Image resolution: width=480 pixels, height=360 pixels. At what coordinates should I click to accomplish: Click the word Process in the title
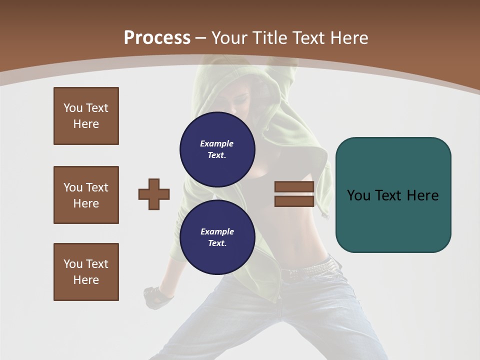pyautogui.click(x=157, y=38)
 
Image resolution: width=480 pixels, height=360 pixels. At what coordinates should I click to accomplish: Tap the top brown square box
pyautogui.click(x=86, y=116)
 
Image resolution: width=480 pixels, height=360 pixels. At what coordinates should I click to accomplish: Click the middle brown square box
pyautogui.click(x=86, y=195)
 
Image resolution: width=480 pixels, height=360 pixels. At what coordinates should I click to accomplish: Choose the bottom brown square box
pyautogui.click(x=86, y=272)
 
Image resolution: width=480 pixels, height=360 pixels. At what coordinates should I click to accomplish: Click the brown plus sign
pyautogui.click(x=154, y=194)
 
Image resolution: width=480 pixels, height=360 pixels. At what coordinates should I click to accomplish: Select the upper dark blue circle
pyautogui.click(x=217, y=149)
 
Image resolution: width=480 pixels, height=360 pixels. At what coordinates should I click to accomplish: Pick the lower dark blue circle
pyautogui.click(x=217, y=237)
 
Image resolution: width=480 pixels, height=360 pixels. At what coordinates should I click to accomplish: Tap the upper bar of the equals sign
pyautogui.click(x=294, y=187)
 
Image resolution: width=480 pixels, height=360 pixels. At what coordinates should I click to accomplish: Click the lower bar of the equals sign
pyautogui.click(x=294, y=201)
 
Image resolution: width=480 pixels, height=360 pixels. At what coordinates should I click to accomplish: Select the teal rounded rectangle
pyautogui.click(x=393, y=195)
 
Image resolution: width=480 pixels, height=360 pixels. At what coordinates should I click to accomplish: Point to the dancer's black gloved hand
pyautogui.click(x=157, y=297)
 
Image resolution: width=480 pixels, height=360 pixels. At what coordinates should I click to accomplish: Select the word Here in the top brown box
pyautogui.click(x=86, y=124)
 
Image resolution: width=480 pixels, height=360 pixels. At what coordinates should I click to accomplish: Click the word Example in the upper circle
pyautogui.click(x=216, y=143)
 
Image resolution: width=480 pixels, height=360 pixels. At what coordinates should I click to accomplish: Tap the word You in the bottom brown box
pyautogui.click(x=72, y=264)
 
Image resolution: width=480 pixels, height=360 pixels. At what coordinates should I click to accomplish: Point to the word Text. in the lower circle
pyautogui.click(x=217, y=243)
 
